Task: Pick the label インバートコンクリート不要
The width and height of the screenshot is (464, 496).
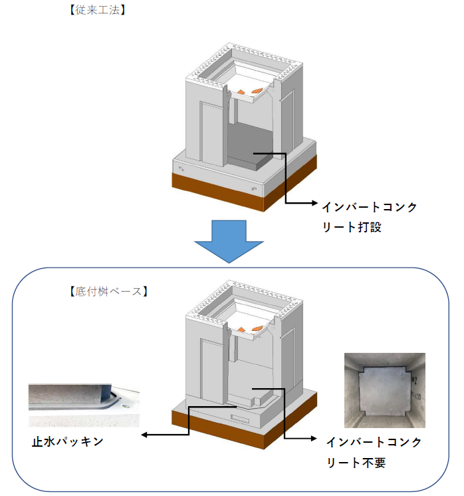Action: (x=374, y=452)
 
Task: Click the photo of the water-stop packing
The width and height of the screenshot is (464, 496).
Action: (x=83, y=405)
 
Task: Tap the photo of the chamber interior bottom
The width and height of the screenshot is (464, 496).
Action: (x=384, y=389)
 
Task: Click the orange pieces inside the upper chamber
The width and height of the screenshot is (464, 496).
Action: (x=249, y=90)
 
